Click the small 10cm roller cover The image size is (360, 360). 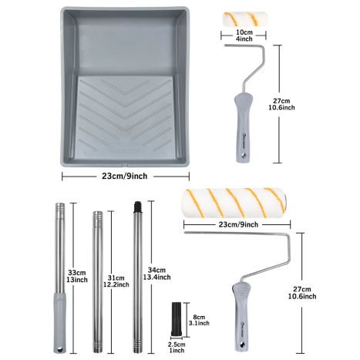pyautogui.click(x=245, y=19)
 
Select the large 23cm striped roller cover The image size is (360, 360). pyautogui.click(x=234, y=203)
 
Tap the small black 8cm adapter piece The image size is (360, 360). pyautogui.click(x=177, y=320)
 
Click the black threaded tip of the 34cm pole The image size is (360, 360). pyautogui.click(x=138, y=206)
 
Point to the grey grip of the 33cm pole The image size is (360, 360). pyautogui.click(x=60, y=322)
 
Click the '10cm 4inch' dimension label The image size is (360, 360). pyautogui.click(x=244, y=35)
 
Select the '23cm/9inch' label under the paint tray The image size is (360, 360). pyautogui.click(x=125, y=176)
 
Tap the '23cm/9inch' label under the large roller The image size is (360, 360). pyautogui.click(x=238, y=224)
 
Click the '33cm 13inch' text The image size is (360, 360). pyautogui.click(x=77, y=276)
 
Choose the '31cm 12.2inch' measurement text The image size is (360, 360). pyautogui.click(x=116, y=281)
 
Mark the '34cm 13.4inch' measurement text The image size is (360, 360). pyautogui.click(x=156, y=274)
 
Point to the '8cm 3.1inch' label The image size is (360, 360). pyautogui.click(x=199, y=320)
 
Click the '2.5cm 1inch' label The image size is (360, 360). pyautogui.click(x=177, y=348)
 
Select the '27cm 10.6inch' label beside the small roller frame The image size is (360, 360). pyautogui.click(x=281, y=104)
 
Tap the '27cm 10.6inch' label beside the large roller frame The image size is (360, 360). pyautogui.click(x=302, y=293)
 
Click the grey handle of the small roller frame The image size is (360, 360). pyautogui.click(x=243, y=127)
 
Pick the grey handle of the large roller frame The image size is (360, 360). pyautogui.click(x=241, y=316)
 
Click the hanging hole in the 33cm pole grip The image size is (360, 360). pyautogui.click(x=59, y=349)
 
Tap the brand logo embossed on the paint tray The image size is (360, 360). pyautogui.click(x=126, y=147)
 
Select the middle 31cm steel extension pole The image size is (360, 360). pyautogui.click(x=98, y=281)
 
